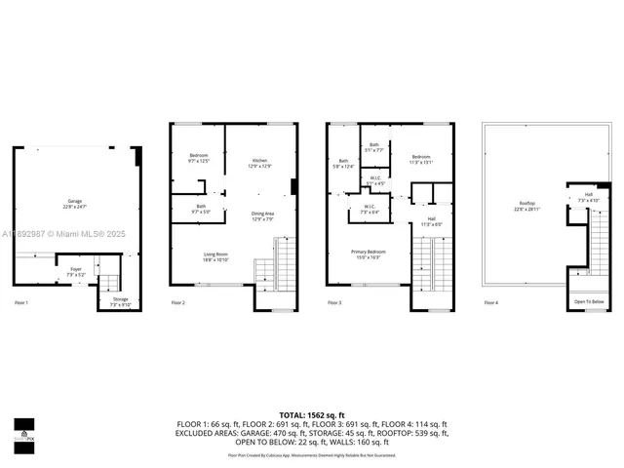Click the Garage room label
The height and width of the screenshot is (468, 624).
pyautogui.click(x=76, y=203)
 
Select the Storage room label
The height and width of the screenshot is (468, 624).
pyautogui.click(x=120, y=301)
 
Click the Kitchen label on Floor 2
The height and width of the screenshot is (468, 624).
pyautogui.click(x=260, y=163)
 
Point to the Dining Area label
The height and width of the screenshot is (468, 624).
pyautogui.click(x=261, y=215)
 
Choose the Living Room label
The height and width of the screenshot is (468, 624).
pyautogui.click(x=201, y=256)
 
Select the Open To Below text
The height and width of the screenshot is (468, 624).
pyautogui.click(x=589, y=302)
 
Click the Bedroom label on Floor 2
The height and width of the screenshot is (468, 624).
pyautogui.click(x=199, y=158)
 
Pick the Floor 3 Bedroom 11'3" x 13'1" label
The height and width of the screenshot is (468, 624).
pyautogui.click(x=420, y=160)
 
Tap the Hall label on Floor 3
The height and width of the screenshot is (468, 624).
pyautogui.click(x=431, y=221)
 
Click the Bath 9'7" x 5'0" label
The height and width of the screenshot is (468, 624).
pyautogui.click(x=200, y=208)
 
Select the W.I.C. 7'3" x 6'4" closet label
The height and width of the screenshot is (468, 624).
pyautogui.click(x=370, y=209)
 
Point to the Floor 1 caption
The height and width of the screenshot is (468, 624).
pyautogui.click(x=21, y=303)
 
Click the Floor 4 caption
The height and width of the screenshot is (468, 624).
pyautogui.click(x=490, y=303)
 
